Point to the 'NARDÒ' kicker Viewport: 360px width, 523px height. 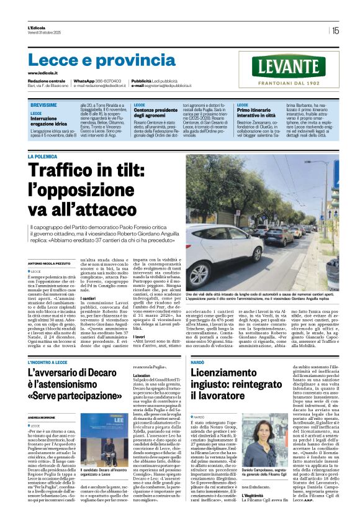click(198, 361)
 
